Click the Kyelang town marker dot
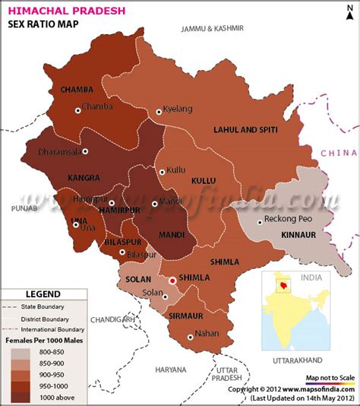coord(159,112)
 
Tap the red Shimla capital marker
coord(172,281)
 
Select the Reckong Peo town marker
coord(260,221)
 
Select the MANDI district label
coord(171,234)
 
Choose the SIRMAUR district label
coord(186,314)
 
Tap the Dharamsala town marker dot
coord(85,151)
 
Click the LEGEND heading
coord(43,293)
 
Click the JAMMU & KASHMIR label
coord(212,28)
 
